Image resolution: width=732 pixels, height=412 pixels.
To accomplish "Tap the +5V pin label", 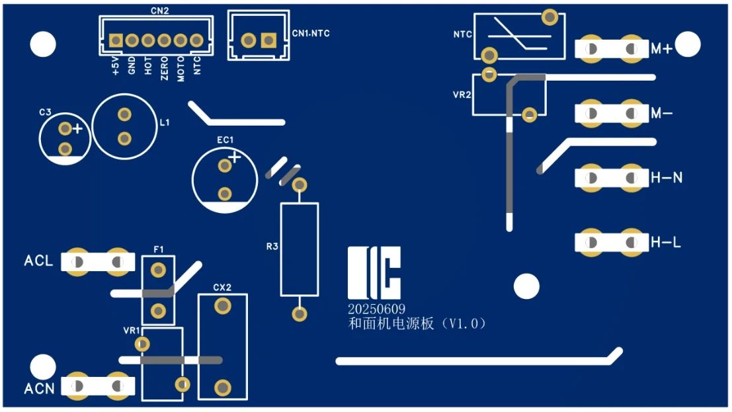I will [x=116, y=66].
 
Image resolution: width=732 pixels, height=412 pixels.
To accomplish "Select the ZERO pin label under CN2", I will [x=165, y=68].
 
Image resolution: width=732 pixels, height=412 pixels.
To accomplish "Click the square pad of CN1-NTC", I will [x=268, y=40].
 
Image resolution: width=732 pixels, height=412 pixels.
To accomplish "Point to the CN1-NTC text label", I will [x=311, y=33].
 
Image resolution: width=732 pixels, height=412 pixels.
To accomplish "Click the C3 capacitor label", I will [x=45, y=113].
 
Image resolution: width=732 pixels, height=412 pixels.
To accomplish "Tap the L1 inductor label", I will [x=165, y=123].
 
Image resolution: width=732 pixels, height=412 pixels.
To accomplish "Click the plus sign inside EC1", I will [x=234, y=157].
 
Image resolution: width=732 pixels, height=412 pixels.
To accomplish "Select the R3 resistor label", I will [x=272, y=247].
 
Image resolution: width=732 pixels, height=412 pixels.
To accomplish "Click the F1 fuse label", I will [x=158, y=249].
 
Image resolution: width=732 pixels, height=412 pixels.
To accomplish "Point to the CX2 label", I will [x=222, y=288].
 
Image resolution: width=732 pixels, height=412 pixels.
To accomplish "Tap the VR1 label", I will [x=131, y=330].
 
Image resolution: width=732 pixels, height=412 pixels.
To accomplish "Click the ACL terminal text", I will [x=38, y=261].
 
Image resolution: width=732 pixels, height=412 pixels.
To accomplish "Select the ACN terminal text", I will [x=39, y=388].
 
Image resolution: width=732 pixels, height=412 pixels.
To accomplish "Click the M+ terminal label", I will [x=661, y=49].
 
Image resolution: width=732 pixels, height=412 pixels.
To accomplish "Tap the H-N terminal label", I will [x=667, y=178].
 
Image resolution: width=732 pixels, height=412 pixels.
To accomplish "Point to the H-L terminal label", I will [x=666, y=243].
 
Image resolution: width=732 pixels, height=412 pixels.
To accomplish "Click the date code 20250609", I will [x=377, y=309].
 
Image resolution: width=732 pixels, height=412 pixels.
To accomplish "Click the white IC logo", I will [x=374, y=273].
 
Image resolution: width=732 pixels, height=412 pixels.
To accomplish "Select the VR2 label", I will [x=462, y=95].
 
